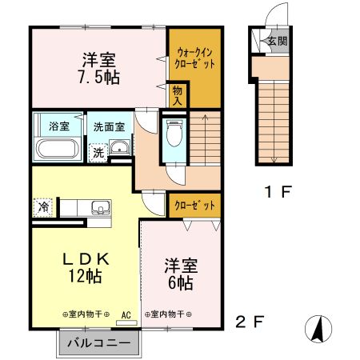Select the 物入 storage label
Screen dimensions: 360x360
178,97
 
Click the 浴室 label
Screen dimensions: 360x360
59,126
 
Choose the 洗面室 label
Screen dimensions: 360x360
108,126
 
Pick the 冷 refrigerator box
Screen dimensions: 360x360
43,206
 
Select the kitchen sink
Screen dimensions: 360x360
100,209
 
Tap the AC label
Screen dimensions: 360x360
126,314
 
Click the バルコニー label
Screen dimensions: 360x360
98,342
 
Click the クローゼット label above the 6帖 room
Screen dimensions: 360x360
195,206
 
